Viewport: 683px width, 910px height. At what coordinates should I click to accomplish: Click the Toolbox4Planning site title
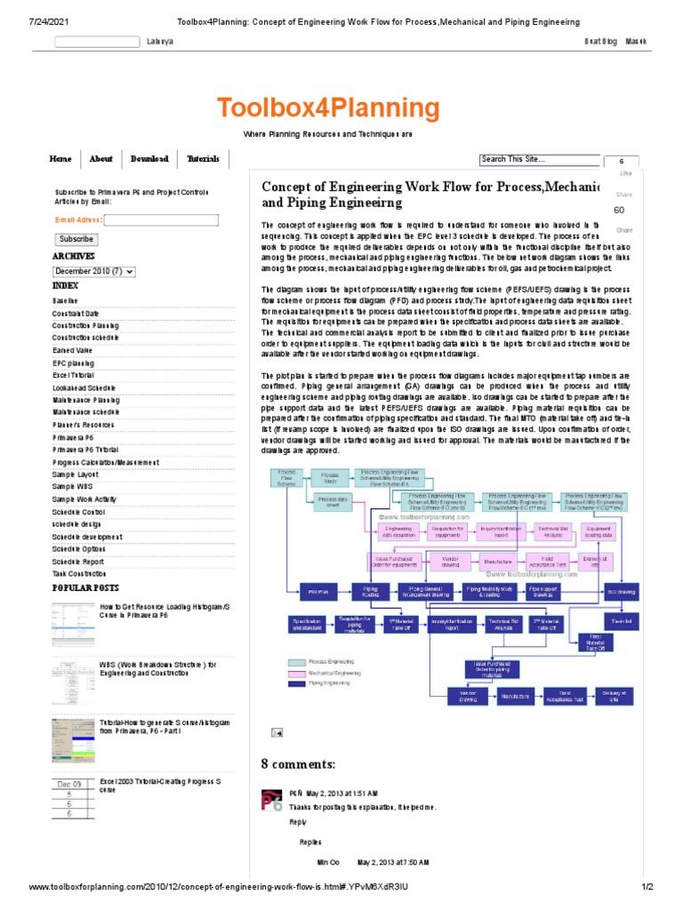(x=328, y=109)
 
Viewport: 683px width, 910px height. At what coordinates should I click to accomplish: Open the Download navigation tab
(x=149, y=159)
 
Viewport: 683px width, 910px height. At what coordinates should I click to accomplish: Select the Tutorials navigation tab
(x=203, y=159)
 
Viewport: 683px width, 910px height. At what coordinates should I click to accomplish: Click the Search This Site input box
(x=539, y=160)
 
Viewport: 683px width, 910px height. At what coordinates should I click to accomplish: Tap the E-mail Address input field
(x=161, y=220)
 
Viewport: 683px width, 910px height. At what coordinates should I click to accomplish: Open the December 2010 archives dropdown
(x=93, y=271)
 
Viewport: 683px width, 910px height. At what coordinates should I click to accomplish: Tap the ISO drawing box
(x=621, y=590)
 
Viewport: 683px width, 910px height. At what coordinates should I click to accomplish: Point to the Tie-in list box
(x=621, y=619)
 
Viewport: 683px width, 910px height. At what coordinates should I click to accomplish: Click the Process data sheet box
(x=330, y=501)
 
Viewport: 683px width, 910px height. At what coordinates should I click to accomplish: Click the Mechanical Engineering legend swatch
(x=296, y=673)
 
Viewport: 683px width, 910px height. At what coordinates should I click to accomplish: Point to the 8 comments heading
(x=299, y=764)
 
